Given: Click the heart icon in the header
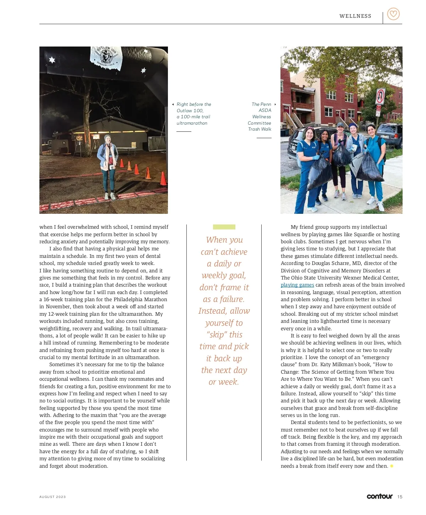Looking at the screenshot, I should click(x=393, y=14).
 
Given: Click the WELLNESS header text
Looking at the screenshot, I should click(x=355, y=16).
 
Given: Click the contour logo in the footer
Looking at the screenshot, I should click(x=379, y=496).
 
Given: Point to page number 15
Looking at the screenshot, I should click(x=400, y=497).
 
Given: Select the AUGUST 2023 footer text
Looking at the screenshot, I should click(x=53, y=497).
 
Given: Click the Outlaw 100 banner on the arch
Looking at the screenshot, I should click(x=106, y=56).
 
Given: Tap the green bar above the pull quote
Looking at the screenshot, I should click(x=224, y=227).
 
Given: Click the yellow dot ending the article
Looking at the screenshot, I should click(x=392, y=466).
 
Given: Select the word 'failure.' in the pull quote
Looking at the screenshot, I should click(x=232, y=299).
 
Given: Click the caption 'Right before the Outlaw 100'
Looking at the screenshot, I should click(x=194, y=114).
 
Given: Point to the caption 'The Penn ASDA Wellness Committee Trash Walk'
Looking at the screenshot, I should click(x=260, y=116).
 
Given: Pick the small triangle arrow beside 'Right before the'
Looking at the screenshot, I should click(x=173, y=104).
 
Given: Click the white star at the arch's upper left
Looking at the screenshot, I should click(x=52, y=60).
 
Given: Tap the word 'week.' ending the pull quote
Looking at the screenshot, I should click(x=229, y=382).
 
